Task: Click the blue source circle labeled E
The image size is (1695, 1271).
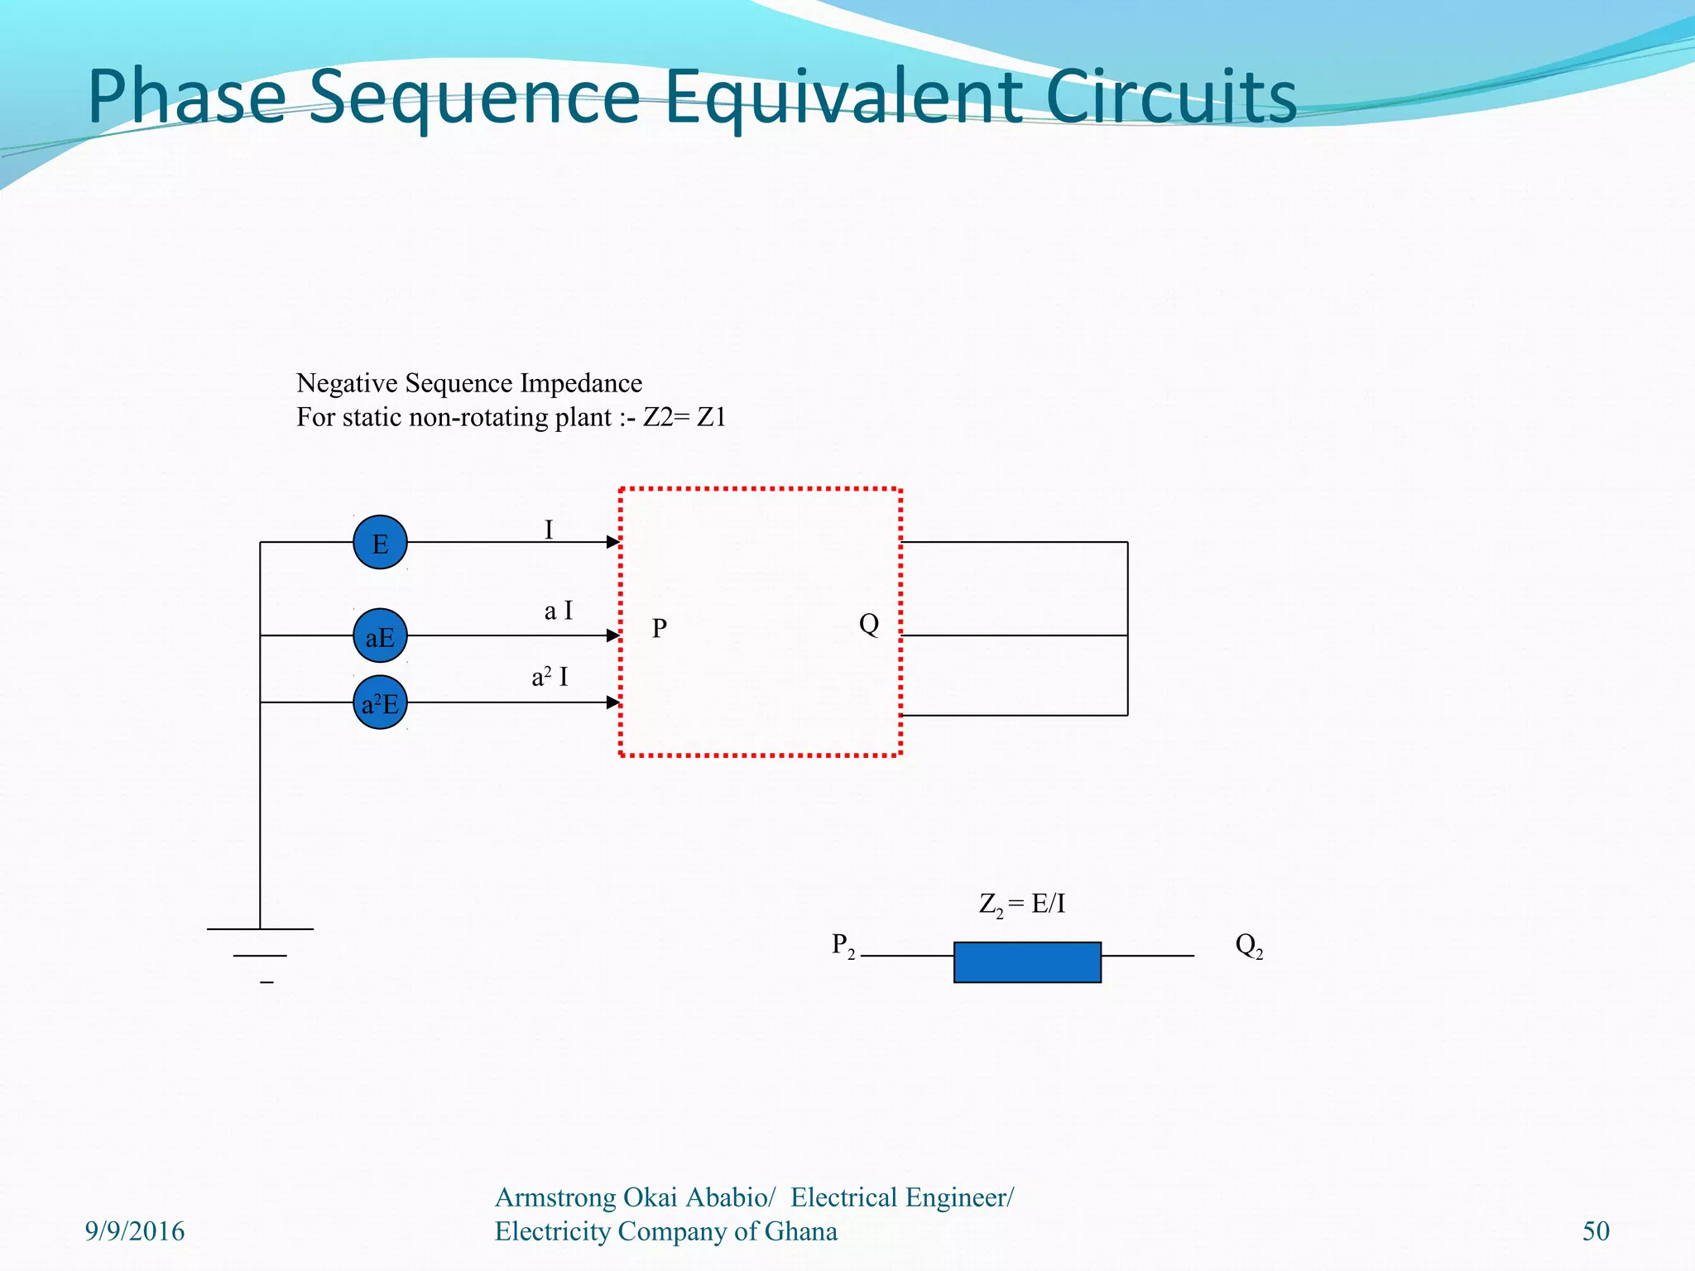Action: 380,543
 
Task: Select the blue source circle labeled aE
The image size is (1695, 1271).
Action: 380,636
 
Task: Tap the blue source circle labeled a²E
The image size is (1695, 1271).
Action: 380,703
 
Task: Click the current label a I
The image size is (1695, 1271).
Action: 558,612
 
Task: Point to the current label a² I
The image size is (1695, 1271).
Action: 550,678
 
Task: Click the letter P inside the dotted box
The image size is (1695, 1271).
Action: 659,629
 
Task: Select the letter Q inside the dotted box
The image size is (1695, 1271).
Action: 868,624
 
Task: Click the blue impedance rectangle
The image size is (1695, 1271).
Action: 1027,962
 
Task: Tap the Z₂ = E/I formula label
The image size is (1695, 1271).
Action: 1022,904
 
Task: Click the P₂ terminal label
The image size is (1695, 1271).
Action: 843,945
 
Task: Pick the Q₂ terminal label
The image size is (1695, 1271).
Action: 1248,945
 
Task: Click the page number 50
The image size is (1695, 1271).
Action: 1596,1231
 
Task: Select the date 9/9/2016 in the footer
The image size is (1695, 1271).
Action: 135,1231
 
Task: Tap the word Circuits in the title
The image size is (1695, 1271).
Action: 1170,98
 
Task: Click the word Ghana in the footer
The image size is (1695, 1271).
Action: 800,1231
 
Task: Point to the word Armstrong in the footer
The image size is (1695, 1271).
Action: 555,1197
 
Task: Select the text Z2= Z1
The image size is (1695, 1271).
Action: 684,417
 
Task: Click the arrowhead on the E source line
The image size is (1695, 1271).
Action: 613,542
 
